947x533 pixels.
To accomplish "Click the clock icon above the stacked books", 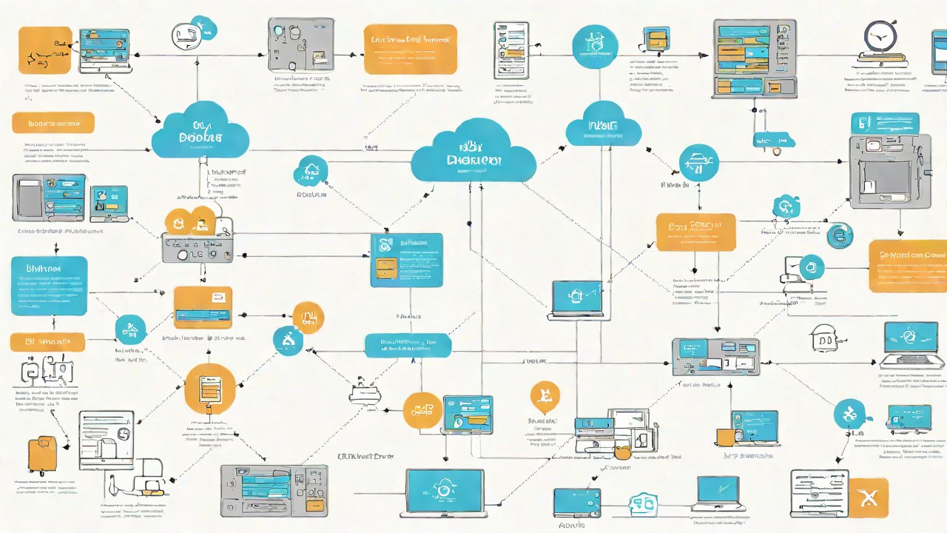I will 880,36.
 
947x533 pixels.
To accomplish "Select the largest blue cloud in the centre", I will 473,153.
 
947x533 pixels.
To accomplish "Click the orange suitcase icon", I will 41,455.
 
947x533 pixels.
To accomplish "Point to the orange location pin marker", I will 545,397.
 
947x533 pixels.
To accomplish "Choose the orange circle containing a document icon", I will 210,388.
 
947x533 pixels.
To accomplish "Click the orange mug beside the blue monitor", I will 724,437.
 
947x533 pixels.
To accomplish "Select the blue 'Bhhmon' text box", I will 49,286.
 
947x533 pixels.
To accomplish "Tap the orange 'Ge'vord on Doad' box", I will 908,266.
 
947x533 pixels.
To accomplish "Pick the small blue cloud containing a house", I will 311,172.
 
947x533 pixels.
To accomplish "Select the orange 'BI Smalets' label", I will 47,341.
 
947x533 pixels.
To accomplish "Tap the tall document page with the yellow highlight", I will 511,50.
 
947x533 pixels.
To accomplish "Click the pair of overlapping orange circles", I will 190,221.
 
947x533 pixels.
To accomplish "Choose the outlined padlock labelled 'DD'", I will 823,339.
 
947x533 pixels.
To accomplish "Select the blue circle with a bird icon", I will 850,414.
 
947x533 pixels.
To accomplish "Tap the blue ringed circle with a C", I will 840,235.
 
